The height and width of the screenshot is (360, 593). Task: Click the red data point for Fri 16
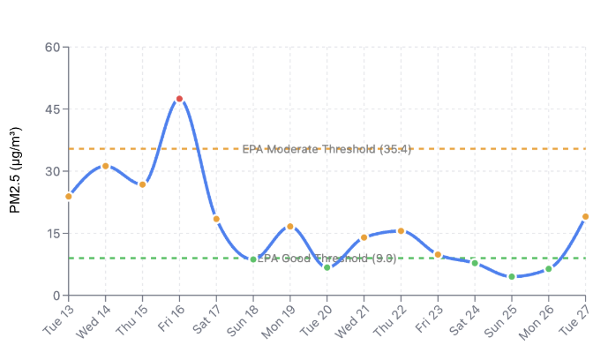(x=179, y=99)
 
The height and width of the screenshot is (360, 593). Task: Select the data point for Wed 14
(x=105, y=166)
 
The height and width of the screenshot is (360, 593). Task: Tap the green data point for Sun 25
(x=511, y=276)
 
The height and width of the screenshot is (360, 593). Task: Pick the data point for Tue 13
(x=69, y=196)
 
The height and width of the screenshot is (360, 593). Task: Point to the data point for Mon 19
(x=289, y=227)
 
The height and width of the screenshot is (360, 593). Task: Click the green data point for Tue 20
(x=327, y=267)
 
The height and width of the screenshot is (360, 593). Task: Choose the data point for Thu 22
(x=401, y=231)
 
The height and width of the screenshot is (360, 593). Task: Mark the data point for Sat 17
(x=216, y=219)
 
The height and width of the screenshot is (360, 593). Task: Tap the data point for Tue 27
(x=585, y=216)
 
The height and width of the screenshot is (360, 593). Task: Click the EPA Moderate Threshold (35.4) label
(x=327, y=149)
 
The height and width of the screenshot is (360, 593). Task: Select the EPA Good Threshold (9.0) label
(x=327, y=259)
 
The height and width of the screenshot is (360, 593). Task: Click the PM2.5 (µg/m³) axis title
(x=15, y=170)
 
